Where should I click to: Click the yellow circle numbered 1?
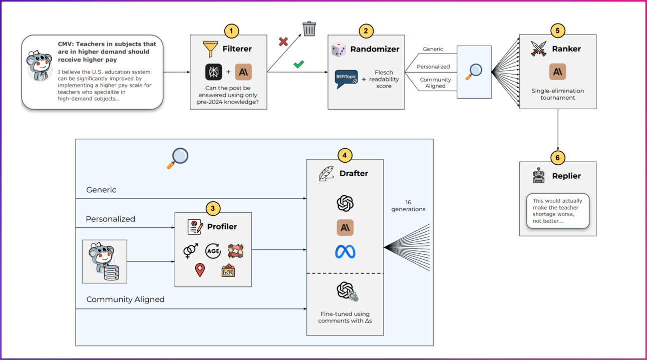click(x=231, y=31)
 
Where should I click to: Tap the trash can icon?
click(x=309, y=29)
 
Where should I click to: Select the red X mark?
click(x=283, y=42)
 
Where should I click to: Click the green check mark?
click(x=299, y=64)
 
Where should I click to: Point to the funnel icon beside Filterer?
click(x=210, y=49)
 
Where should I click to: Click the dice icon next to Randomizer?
click(x=339, y=50)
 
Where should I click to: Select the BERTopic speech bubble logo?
click(x=347, y=79)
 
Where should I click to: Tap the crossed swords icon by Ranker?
click(x=539, y=49)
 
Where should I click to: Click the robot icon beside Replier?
click(x=539, y=176)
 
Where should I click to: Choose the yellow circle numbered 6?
click(x=558, y=158)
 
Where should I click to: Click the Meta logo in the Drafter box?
click(x=345, y=251)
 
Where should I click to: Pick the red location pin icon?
click(x=200, y=270)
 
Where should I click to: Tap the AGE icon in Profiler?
click(x=213, y=250)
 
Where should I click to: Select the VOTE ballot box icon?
click(x=228, y=270)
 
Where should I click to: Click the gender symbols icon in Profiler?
click(x=190, y=250)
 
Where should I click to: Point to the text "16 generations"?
click(x=408, y=206)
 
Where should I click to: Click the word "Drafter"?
click(x=354, y=173)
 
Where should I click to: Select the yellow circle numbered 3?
click(x=213, y=209)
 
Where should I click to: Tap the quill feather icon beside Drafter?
click(x=327, y=173)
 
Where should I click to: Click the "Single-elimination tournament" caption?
click(x=557, y=94)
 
